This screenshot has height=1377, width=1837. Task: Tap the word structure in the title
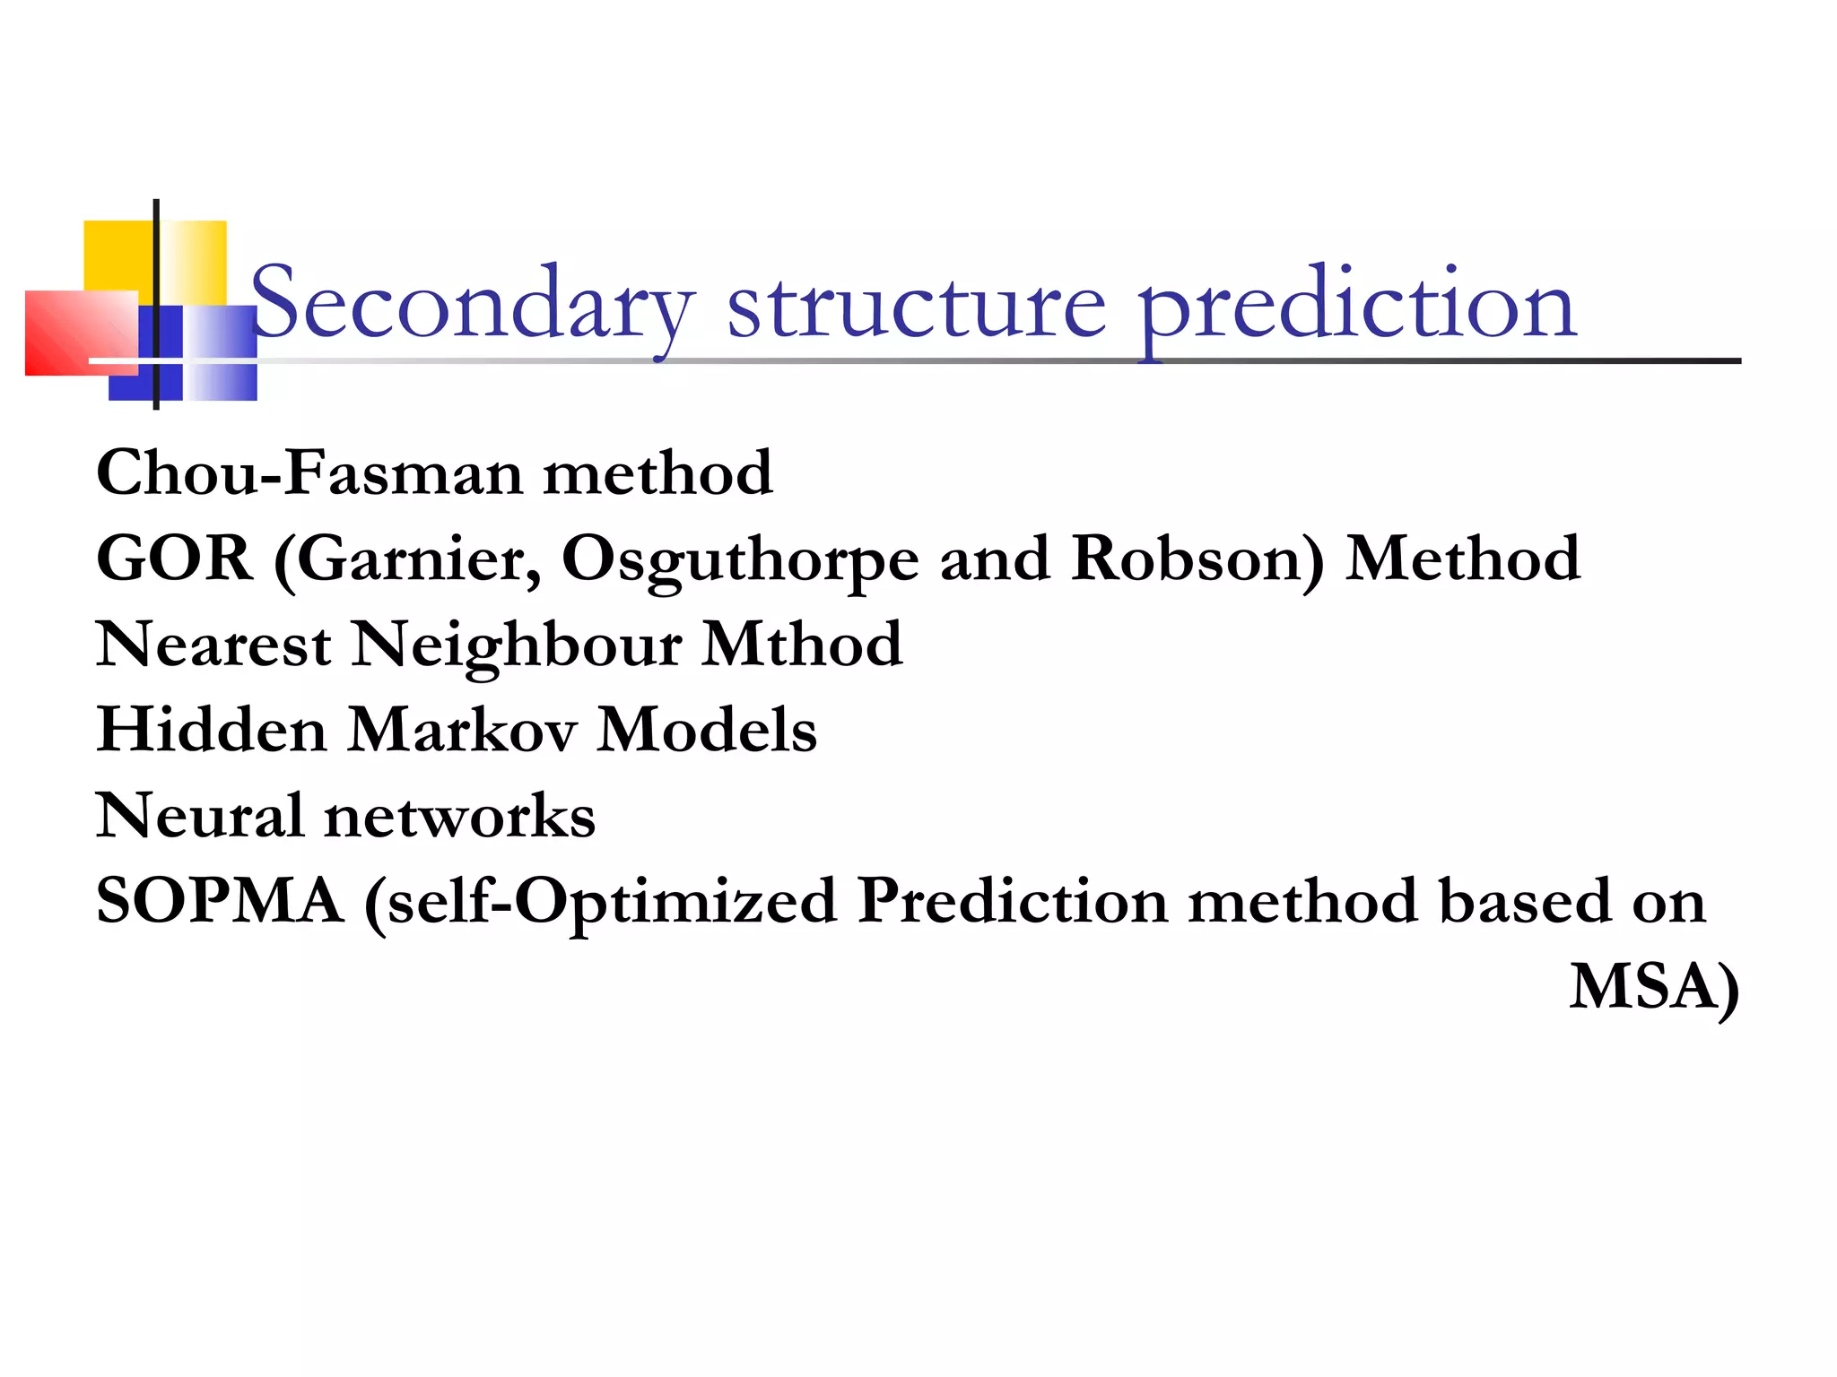point(917,305)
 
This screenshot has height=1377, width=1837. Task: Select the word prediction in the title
point(1357,305)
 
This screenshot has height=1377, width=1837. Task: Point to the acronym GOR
point(175,559)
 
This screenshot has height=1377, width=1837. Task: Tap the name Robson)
point(1197,559)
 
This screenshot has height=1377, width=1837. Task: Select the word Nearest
point(213,644)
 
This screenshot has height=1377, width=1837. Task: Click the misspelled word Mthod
point(801,644)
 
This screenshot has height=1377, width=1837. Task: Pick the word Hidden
point(212,729)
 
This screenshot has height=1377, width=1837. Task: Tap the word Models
point(707,729)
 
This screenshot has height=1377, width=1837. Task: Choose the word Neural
point(199,815)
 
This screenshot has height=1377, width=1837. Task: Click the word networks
point(459,815)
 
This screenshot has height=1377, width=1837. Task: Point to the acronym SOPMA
point(220,900)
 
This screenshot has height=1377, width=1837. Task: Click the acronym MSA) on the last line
point(1654,987)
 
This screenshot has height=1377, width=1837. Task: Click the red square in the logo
point(72,333)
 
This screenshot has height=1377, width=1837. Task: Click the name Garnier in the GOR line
point(418,559)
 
